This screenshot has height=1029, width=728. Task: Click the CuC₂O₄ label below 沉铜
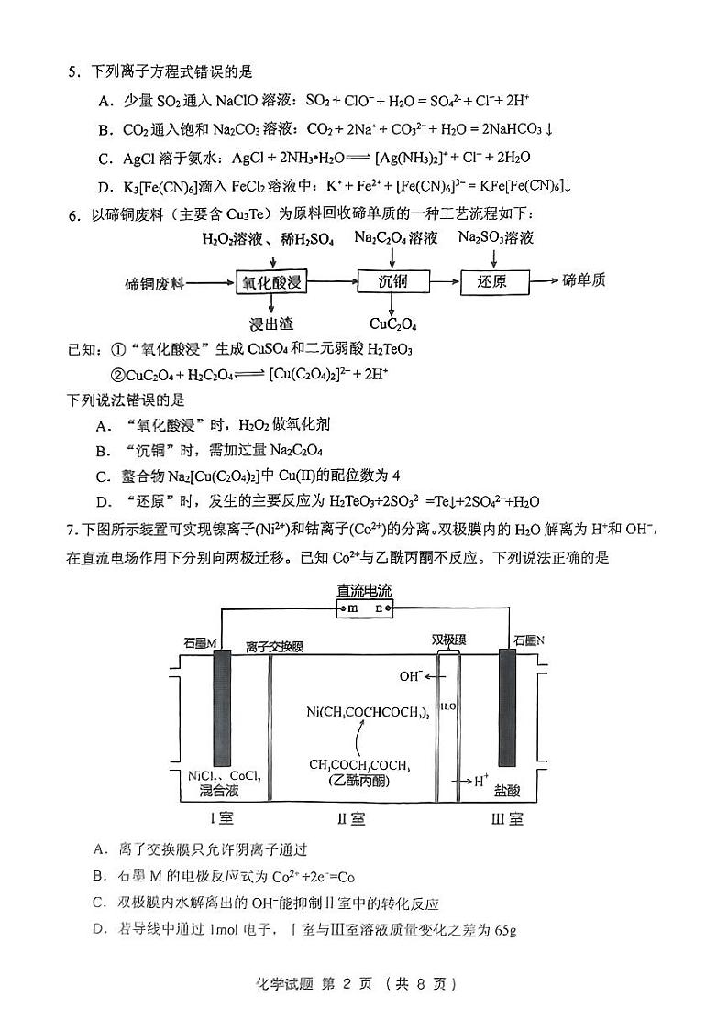(x=392, y=323)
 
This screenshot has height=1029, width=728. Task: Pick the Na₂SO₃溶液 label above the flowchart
(x=495, y=238)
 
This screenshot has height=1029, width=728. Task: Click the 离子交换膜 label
(x=274, y=647)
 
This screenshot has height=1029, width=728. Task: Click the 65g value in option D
(x=505, y=930)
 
